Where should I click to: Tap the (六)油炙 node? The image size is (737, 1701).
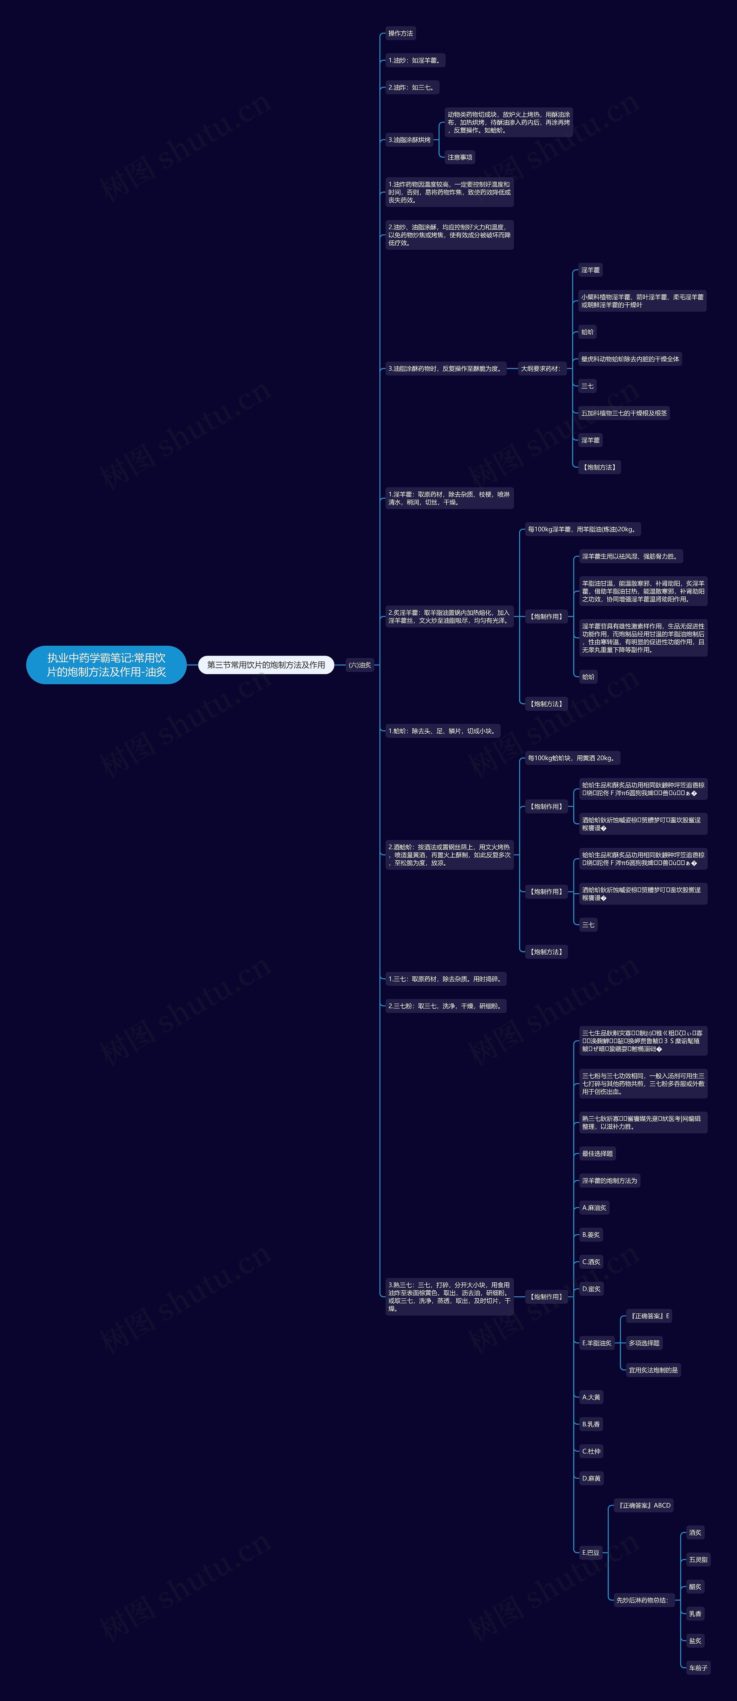(360, 665)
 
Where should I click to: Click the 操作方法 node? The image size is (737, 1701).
(400, 34)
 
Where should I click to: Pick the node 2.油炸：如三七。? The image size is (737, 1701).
(411, 87)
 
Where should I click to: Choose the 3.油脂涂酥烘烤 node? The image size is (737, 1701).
(409, 140)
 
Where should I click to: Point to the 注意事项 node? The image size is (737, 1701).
(460, 157)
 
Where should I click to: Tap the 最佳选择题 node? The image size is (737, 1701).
(597, 1154)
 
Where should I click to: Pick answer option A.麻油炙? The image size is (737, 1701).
(594, 1208)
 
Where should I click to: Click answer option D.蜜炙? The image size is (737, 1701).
(591, 1289)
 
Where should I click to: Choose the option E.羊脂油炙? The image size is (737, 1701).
(596, 1343)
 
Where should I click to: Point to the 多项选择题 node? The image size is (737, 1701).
(644, 1343)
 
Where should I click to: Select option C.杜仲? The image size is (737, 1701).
(591, 1451)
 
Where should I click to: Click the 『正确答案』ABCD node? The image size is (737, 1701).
(644, 1505)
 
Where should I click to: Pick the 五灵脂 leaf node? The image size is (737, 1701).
(698, 1560)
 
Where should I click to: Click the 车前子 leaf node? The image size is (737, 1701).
(698, 1668)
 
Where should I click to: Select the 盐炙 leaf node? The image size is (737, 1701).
(695, 1641)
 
